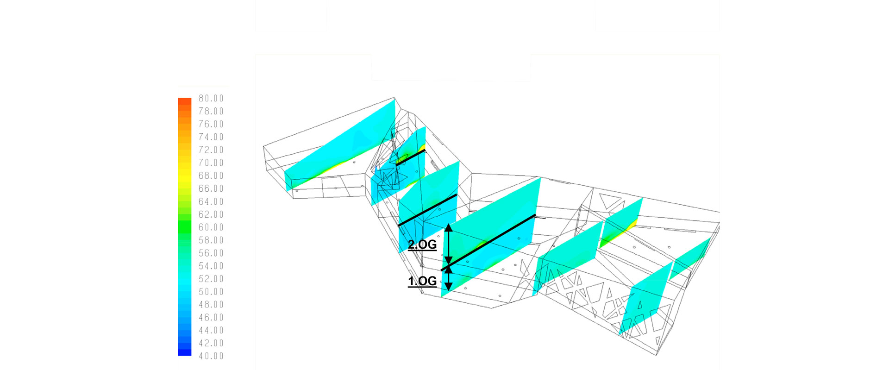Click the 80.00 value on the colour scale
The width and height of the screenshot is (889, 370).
(211, 98)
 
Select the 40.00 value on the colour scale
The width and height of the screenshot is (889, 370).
(211, 356)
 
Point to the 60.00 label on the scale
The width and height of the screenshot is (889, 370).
(211, 227)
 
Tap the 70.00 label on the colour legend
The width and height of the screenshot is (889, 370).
(211, 163)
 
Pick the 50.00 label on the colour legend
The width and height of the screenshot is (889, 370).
(211, 292)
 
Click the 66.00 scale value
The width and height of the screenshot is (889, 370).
(211, 188)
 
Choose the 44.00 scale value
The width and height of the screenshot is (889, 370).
(211, 330)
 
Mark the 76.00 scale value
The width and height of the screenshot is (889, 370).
(211, 124)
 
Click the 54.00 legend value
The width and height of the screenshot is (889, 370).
(211, 266)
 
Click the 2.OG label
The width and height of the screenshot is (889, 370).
(422, 245)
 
